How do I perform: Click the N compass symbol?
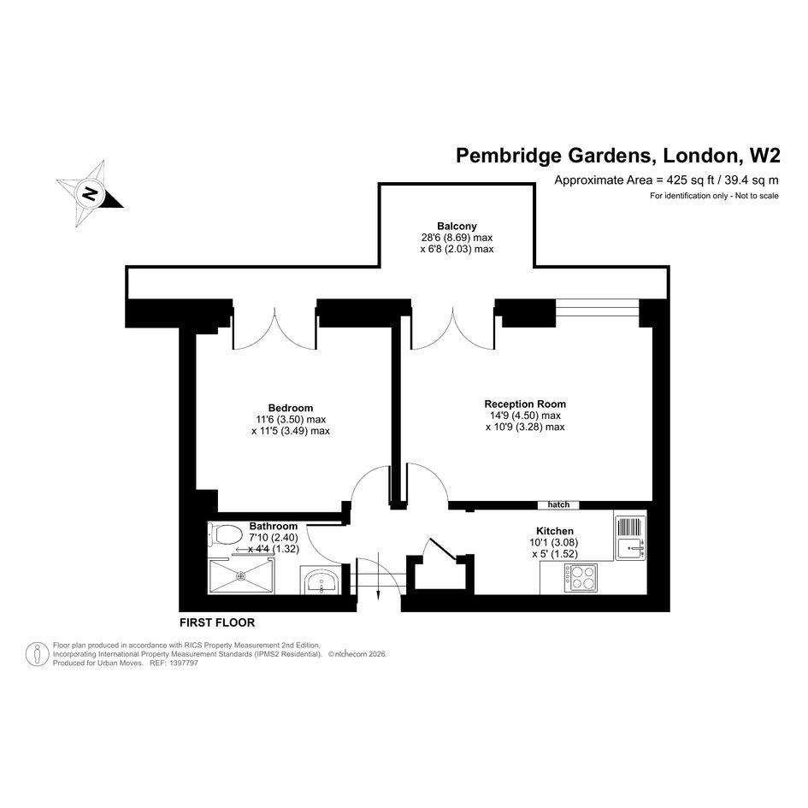[x=90, y=194]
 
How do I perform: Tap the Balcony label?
[x=457, y=227]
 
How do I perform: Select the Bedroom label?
[x=291, y=408]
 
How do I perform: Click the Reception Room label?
[x=525, y=404]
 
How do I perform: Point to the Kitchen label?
[x=555, y=531]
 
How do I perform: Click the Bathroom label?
[x=274, y=526]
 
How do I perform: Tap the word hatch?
[x=558, y=504]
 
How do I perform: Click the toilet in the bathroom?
[x=225, y=534]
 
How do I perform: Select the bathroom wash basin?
[x=321, y=582]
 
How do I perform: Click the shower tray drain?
[x=240, y=576]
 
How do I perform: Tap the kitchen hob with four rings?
[x=581, y=578]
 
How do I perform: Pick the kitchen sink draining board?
[x=629, y=527]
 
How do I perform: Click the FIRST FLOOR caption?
[x=217, y=622]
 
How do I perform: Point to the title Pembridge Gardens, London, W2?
[x=618, y=155]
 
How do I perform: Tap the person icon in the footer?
[x=37, y=654]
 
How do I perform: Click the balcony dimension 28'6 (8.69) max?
[x=457, y=238]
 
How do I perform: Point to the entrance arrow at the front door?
[x=378, y=575]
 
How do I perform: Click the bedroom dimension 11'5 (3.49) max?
[x=291, y=431]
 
